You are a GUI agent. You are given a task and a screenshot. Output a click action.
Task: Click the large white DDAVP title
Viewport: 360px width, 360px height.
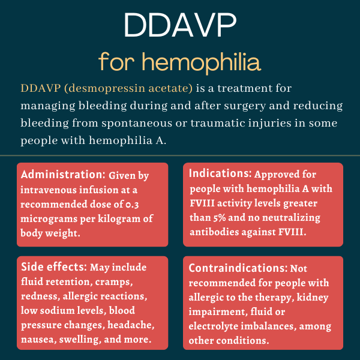tap(179, 27)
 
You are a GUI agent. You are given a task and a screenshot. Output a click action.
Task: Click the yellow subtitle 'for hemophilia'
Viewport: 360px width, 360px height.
tap(179, 61)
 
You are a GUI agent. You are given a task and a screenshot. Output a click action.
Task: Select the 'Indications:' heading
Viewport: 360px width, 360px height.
tap(220, 174)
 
